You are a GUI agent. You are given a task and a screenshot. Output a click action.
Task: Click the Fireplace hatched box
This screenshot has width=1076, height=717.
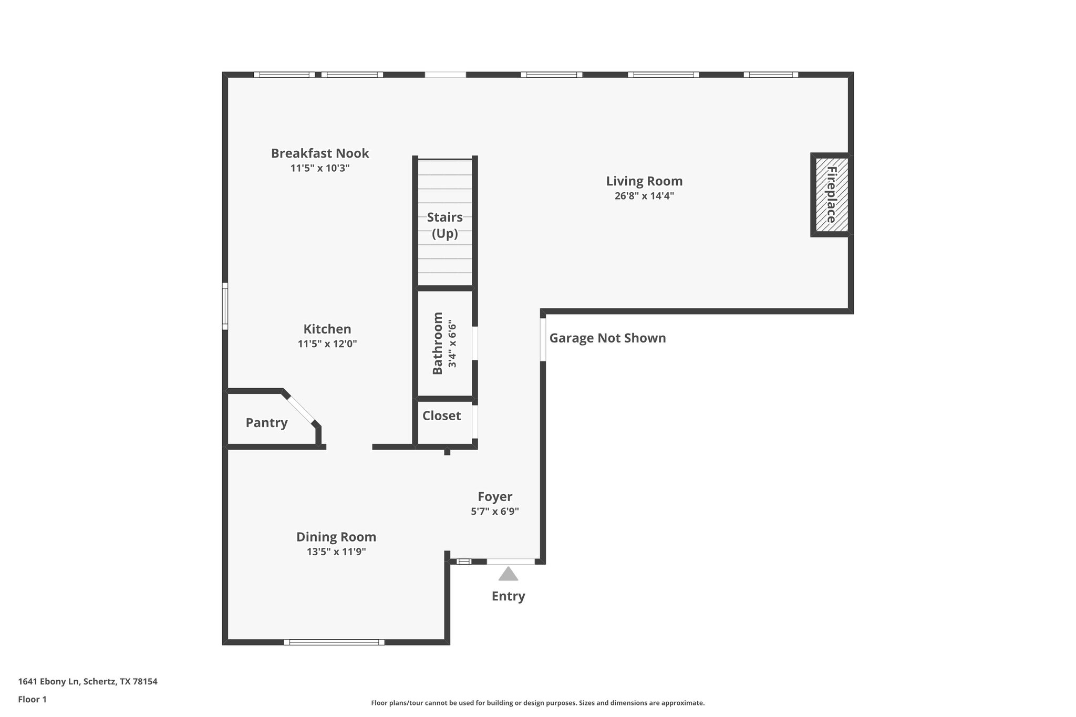coord(831,195)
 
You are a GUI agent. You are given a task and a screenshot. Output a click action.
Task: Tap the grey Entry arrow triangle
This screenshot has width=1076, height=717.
coord(508,574)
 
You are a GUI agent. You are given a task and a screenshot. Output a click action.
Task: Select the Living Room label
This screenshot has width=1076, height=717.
coord(644,181)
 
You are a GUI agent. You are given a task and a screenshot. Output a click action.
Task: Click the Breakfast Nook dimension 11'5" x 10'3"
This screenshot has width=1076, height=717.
coord(320,169)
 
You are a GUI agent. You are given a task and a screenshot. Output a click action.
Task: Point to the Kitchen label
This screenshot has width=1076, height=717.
coord(327,329)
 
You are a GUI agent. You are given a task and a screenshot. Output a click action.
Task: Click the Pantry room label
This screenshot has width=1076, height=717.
coord(266,423)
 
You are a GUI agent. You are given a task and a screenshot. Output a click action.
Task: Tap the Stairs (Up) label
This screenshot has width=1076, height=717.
coord(444,225)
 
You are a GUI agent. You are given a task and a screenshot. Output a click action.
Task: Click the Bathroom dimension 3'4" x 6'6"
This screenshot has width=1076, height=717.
coord(452,344)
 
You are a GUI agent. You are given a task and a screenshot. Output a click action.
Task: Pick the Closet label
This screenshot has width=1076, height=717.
coord(441,416)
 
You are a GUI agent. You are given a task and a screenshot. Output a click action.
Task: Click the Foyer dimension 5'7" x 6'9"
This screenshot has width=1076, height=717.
coord(494,512)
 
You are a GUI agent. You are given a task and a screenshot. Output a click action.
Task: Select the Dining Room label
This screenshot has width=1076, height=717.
coord(336,537)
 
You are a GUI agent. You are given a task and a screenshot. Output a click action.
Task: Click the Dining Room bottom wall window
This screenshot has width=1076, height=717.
coord(334,642)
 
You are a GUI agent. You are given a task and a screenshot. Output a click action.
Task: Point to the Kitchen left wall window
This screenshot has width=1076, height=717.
coord(225,306)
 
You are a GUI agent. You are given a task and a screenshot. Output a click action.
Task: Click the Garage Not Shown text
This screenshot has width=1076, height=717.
coord(607,338)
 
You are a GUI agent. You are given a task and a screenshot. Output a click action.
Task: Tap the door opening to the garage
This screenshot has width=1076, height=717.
coord(543,339)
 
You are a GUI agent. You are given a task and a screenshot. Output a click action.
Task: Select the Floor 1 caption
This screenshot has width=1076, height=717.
coord(33,700)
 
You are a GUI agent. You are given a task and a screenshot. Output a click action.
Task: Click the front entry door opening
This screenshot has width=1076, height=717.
coord(510,562)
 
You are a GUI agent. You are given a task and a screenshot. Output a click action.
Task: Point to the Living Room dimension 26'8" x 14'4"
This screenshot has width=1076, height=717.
coord(644,196)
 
